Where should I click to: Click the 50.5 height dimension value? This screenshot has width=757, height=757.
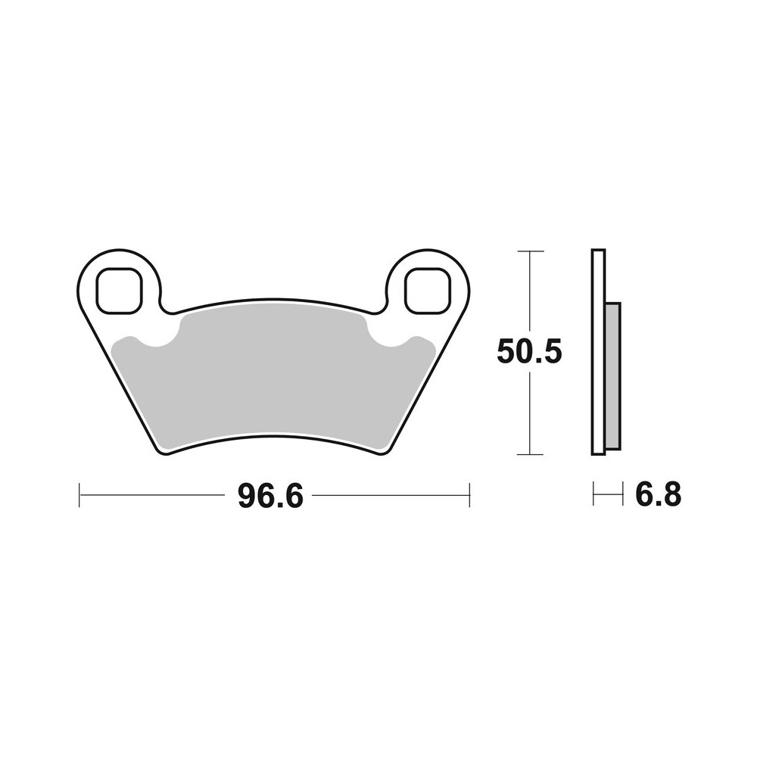pos(529,353)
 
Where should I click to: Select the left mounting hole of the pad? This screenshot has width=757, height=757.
pos(120,289)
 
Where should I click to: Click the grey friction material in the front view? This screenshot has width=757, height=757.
pos(273,378)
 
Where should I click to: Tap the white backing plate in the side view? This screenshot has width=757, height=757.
pos(598,352)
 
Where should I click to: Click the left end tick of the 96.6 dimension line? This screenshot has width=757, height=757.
pos(79,496)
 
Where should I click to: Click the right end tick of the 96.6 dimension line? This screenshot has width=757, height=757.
pos(470,496)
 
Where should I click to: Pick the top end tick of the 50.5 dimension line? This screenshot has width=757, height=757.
pos(529,251)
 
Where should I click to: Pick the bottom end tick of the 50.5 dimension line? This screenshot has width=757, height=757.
pos(529,454)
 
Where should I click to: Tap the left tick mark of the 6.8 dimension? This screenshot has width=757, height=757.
pos(593,496)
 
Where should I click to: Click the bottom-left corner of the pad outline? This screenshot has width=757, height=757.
pos(161,452)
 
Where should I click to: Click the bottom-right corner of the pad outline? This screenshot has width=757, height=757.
pos(386,452)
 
